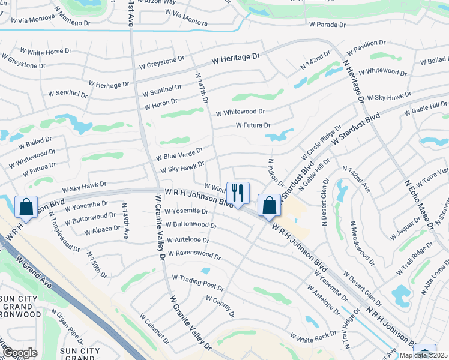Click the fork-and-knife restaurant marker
pos(238,193)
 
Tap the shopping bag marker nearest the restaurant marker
pos(268,206)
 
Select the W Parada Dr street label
pos(327,25)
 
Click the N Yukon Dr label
pos(276,173)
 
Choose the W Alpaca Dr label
pos(103,230)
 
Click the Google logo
pos(20,353)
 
